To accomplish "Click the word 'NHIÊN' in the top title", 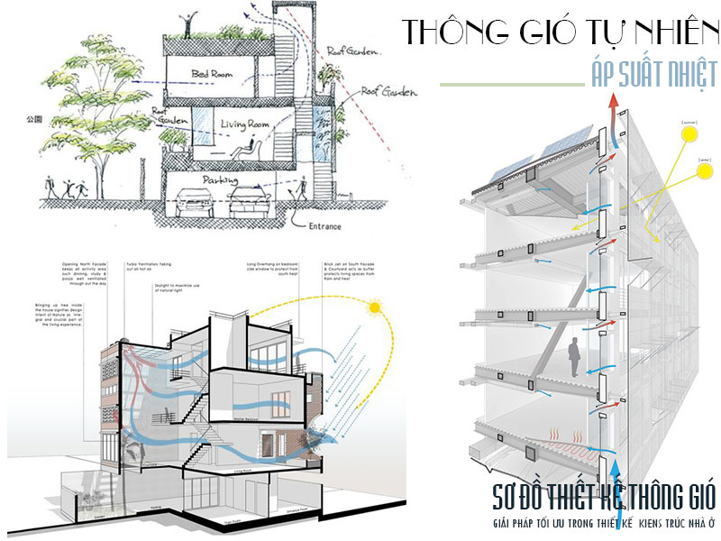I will tap(662, 32).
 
